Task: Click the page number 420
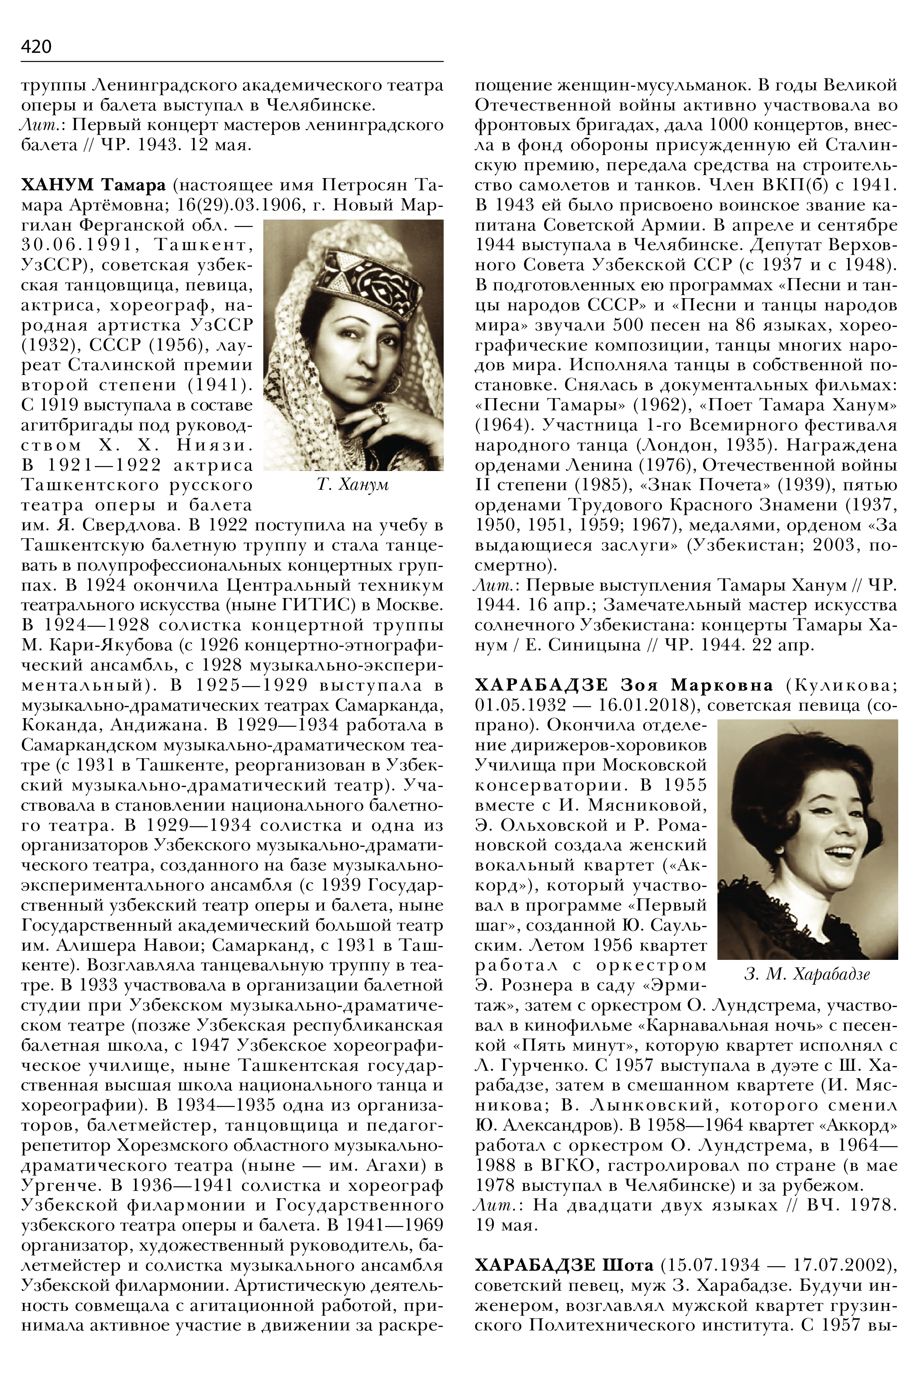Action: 36,46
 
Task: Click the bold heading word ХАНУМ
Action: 57,186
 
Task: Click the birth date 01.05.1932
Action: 520,705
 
